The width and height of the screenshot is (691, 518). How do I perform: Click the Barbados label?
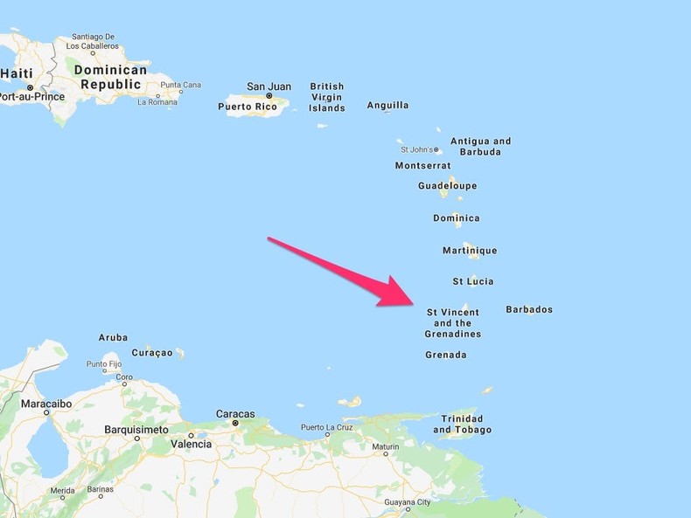click(529, 309)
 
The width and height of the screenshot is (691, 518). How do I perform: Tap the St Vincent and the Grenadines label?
click(453, 323)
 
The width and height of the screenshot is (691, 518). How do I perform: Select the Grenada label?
click(446, 355)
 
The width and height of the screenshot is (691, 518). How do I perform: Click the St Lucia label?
click(473, 281)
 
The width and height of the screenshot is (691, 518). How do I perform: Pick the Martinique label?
click(470, 251)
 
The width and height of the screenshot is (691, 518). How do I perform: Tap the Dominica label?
click(457, 218)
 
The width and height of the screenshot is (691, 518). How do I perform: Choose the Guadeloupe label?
click(447, 186)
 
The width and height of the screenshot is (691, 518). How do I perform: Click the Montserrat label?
click(423, 165)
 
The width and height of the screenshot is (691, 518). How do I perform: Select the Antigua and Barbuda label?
click(481, 146)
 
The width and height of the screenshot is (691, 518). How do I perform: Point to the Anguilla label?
click(387, 106)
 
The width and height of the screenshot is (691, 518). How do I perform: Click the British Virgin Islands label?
click(327, 97)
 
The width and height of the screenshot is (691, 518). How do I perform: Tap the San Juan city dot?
click(269, 96)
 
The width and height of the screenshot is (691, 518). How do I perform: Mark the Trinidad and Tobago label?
click(462, 424)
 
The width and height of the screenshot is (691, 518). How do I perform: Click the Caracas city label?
click(235, 414)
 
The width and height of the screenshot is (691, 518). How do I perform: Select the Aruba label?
click(113, 337)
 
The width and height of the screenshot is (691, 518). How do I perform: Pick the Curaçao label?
click(152, 353)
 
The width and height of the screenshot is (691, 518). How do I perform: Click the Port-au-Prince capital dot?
click(30, 87)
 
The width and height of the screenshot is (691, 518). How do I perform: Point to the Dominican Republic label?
click(110, 77)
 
